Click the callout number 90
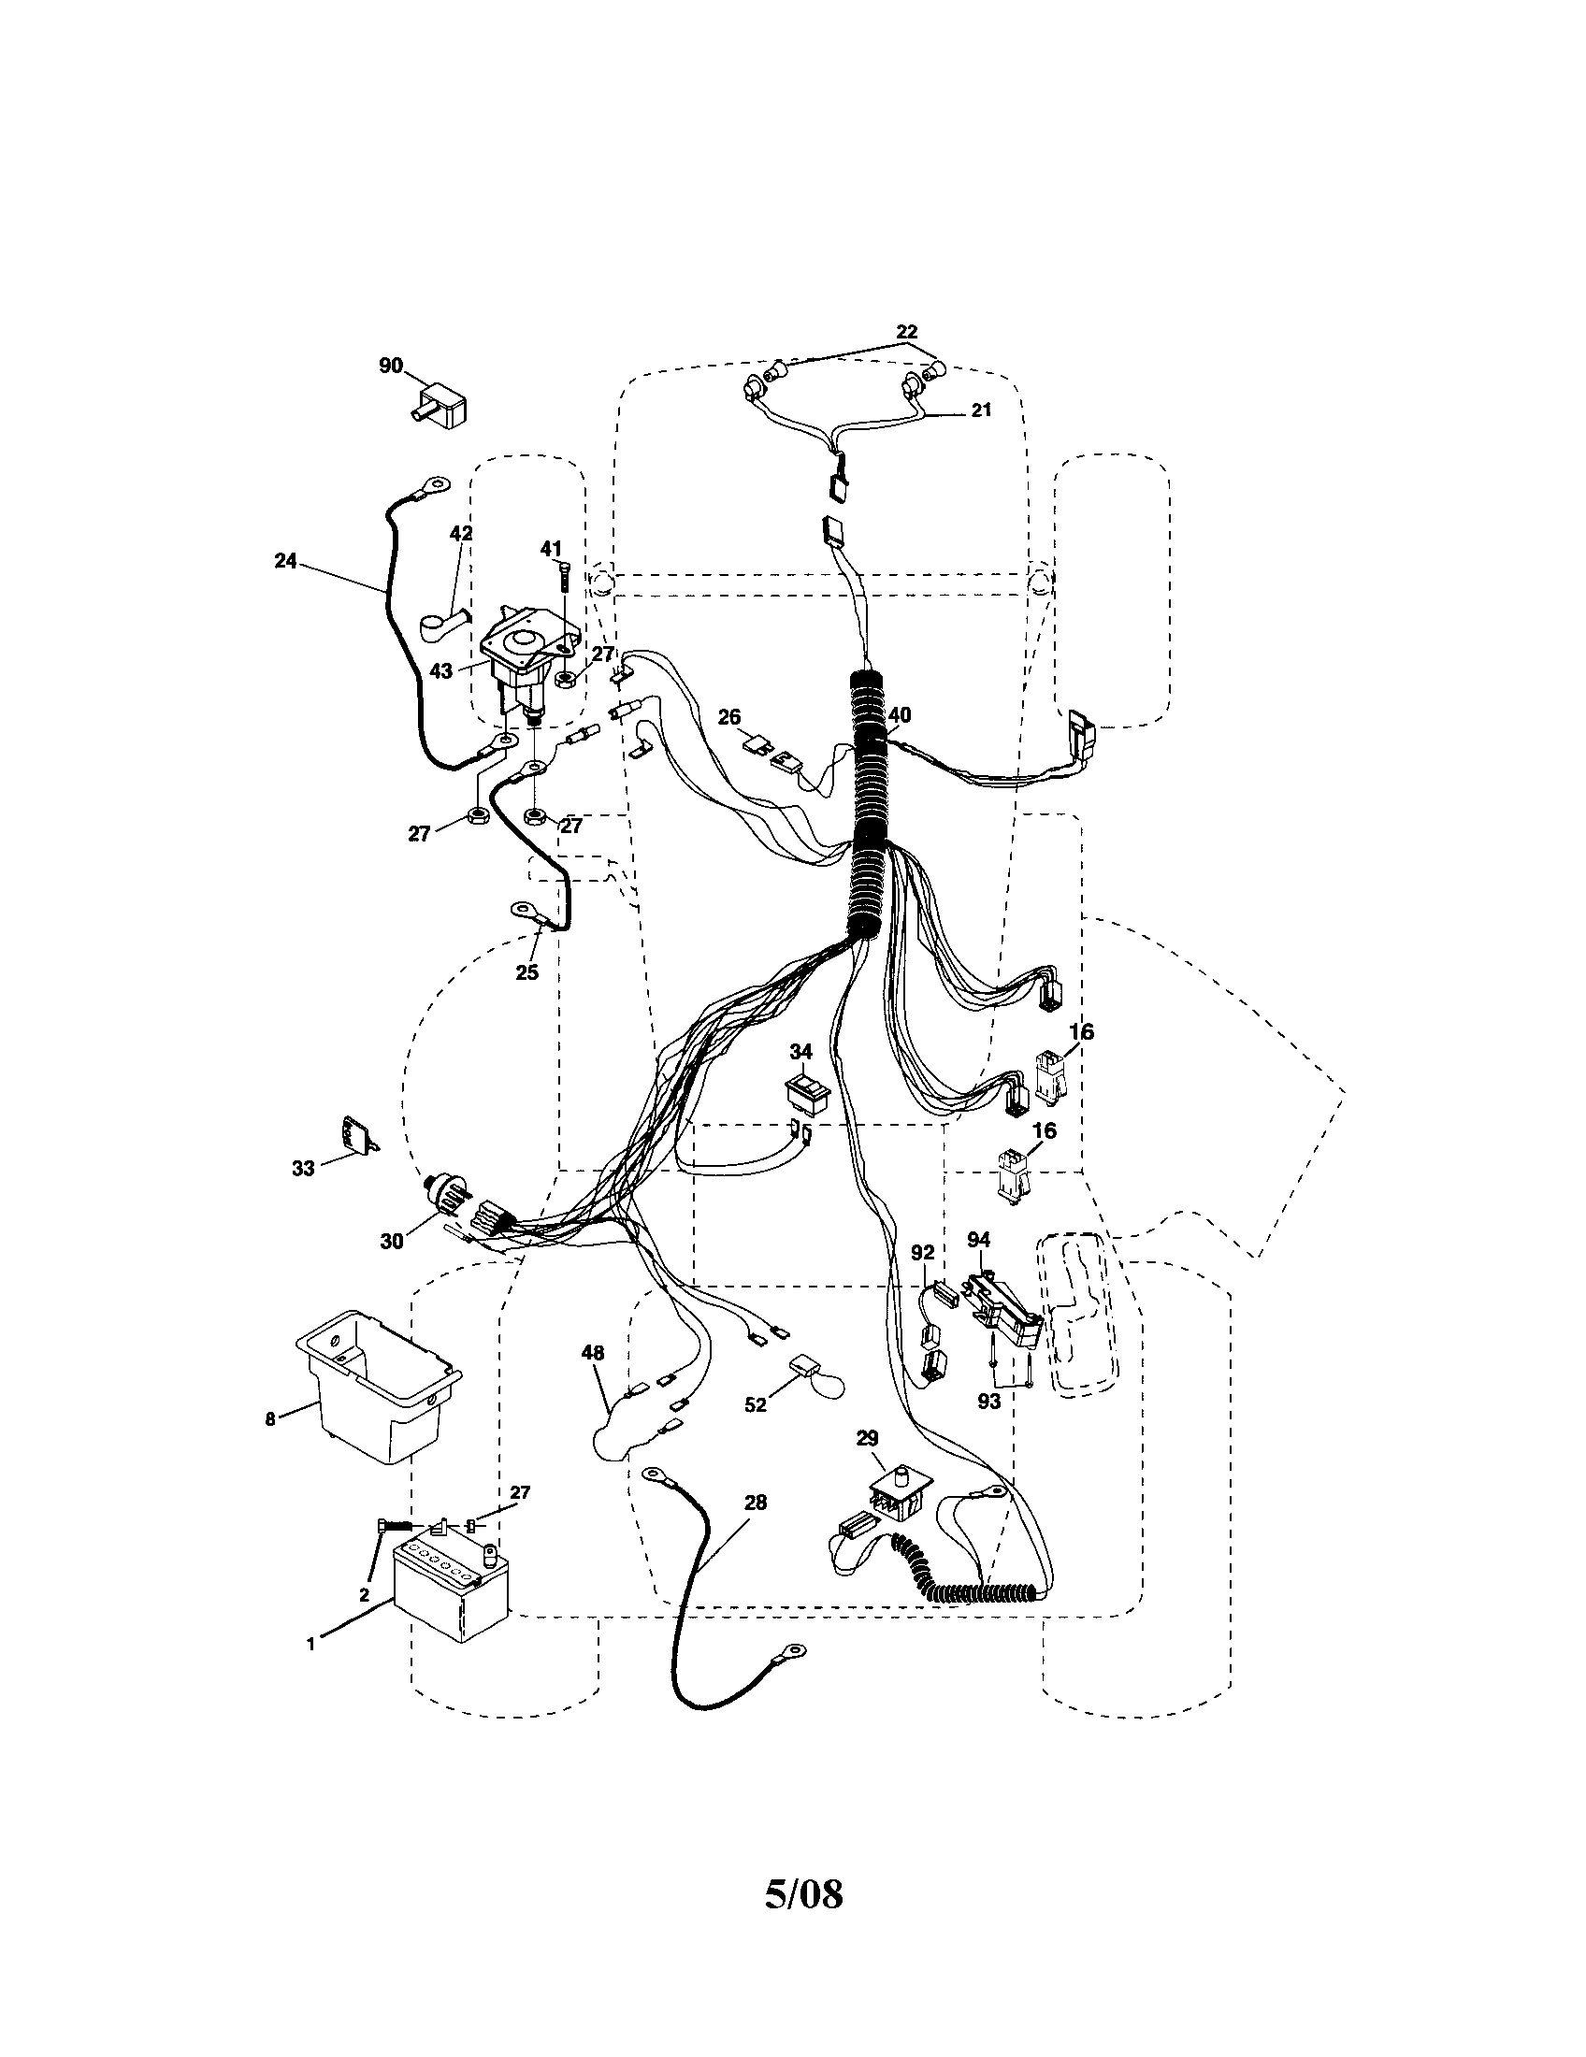coord(391,366)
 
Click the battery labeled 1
coord(450,1595)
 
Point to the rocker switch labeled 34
coord(809,1092)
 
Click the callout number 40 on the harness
coord(899,716)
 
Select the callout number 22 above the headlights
coord(906,332)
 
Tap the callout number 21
coord(981,410)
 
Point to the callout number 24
coord(284,560)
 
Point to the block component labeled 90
coord(442,407)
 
